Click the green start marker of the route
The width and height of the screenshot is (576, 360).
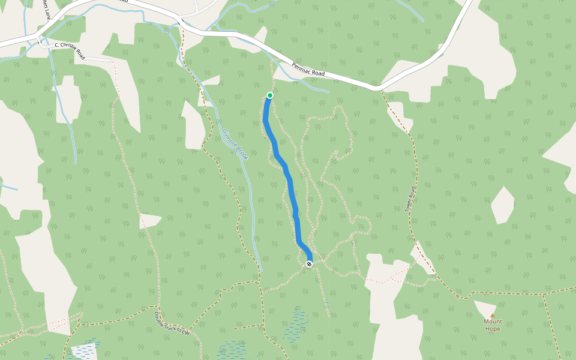270,95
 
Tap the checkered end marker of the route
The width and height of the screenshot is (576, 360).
309,264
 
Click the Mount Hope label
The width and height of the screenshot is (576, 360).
492,325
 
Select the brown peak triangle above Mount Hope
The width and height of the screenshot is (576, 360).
493,315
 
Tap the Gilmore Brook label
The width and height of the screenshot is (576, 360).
235,144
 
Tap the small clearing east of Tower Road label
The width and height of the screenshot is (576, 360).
502,205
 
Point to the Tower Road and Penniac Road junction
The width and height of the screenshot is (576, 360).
378,88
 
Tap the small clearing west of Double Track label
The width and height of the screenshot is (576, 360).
150,221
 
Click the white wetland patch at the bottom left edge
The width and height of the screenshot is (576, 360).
83,352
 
